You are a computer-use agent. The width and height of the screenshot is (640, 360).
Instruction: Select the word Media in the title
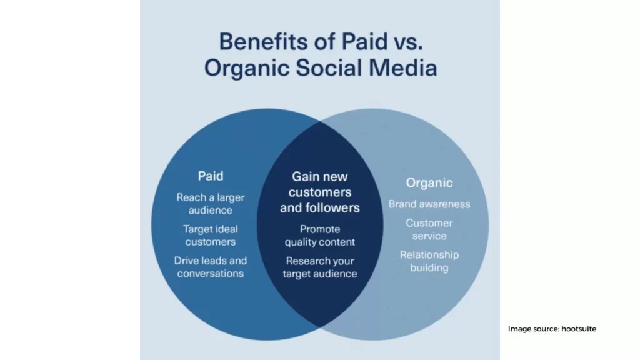click(403, 67)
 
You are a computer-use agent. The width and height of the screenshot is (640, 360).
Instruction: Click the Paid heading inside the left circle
click(211, 176)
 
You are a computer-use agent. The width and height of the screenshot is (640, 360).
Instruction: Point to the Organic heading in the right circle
click(429, 183)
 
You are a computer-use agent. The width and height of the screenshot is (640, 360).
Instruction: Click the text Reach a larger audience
click(211, 204)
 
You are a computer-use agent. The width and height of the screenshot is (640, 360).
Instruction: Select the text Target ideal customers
click(211, 236)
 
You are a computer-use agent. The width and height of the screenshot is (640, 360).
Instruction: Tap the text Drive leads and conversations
click(211, 267)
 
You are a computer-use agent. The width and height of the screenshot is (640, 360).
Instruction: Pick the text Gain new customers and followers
click(320, 192)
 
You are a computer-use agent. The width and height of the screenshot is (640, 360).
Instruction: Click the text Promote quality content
click(320, 236)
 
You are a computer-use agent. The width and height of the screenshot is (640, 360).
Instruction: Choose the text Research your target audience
click(320, 267)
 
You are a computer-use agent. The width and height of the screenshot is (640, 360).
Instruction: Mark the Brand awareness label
click(429, 204)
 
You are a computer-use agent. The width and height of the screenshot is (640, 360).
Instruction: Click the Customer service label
click(429, 229)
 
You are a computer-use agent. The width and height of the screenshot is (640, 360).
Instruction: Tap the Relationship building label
click(429, 261)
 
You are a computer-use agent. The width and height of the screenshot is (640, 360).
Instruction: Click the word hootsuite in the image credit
click(579, 329)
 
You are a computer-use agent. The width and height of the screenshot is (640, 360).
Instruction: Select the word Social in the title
click(329, 67)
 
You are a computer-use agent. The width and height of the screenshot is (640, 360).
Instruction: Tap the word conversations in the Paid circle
click(211, 274)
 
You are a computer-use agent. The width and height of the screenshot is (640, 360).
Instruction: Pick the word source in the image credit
click(546, 329)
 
